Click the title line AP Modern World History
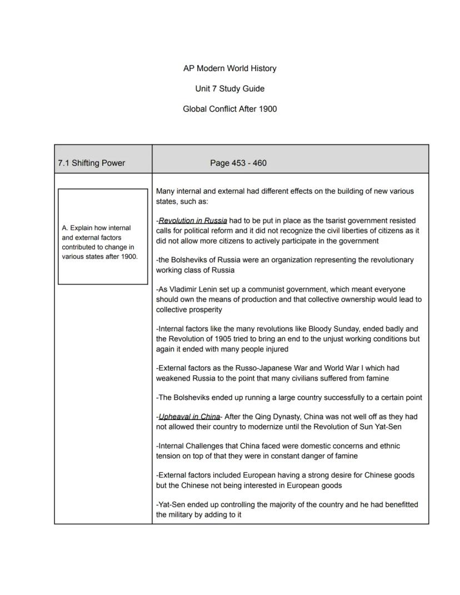point(229,68)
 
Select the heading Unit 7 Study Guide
point(229,89)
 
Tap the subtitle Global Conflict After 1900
point(229,109)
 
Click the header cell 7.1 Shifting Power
point(92,163)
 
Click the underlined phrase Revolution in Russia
point(192,221)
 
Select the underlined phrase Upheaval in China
point(189,417)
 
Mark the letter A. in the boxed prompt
point(65,228)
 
